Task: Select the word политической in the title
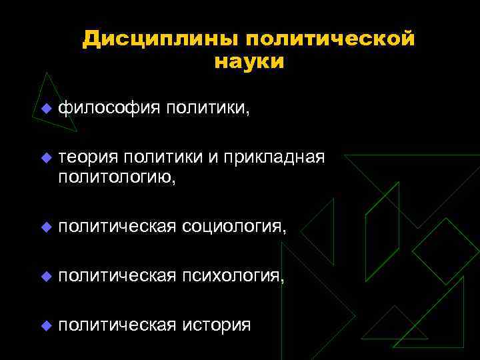[x=325, y=39]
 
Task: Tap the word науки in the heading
[x=249, y=62]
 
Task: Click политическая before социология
[x=117, y=227]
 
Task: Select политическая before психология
[x=117, y=276]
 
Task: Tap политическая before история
[x=117, y=325]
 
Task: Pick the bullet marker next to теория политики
[x=45, y=158]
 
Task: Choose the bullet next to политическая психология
[x=45, y=277]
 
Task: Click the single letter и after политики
[x=213, y=158]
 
